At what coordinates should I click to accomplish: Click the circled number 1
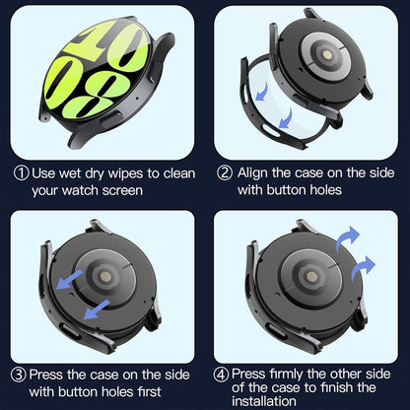pos(20,173)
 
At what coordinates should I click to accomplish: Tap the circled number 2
pos(226,173)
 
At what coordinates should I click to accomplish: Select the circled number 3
pos(20,375)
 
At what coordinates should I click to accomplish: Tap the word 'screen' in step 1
pos(152,190)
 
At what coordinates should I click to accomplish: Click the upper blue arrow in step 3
pos(67,281)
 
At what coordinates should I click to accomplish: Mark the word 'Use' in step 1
pos(45,173)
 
